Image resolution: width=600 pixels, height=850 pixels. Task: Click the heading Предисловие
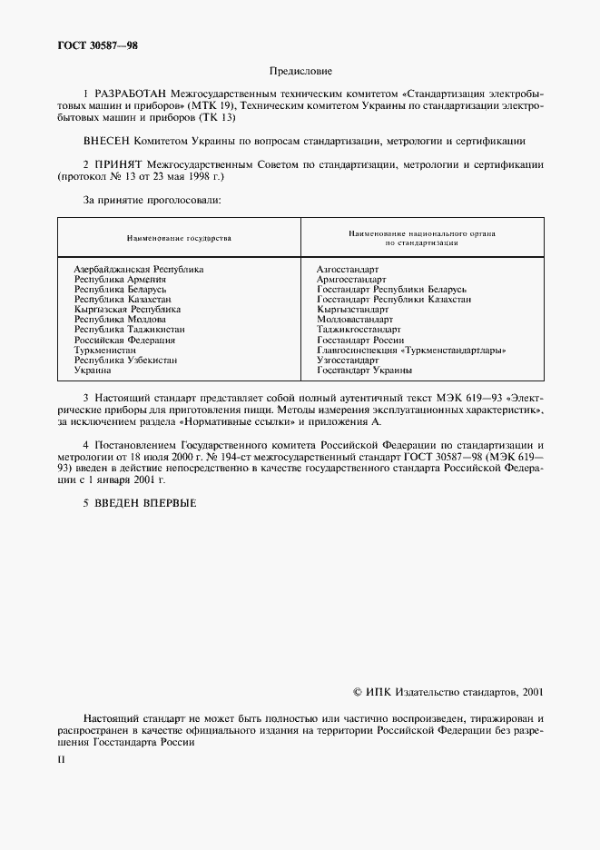(x=300, y=71)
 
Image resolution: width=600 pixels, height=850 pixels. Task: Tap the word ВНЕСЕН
(x=106, y=142)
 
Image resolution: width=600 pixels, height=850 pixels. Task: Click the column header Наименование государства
(x=179, y=238)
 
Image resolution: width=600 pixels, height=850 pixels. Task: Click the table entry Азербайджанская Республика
(x=139, y=270)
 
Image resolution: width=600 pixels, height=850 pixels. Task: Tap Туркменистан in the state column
(x=105, y=350)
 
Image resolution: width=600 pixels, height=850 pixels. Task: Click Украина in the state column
(x=93, y=370)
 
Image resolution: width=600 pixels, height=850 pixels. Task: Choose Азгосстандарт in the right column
(x=348, y=270)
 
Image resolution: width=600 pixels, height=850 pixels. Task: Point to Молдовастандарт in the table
(x=355, y=320)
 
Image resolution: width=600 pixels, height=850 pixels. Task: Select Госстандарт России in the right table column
(x=359, y=340)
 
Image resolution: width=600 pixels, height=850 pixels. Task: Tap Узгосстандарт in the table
(x=348, y=360)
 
